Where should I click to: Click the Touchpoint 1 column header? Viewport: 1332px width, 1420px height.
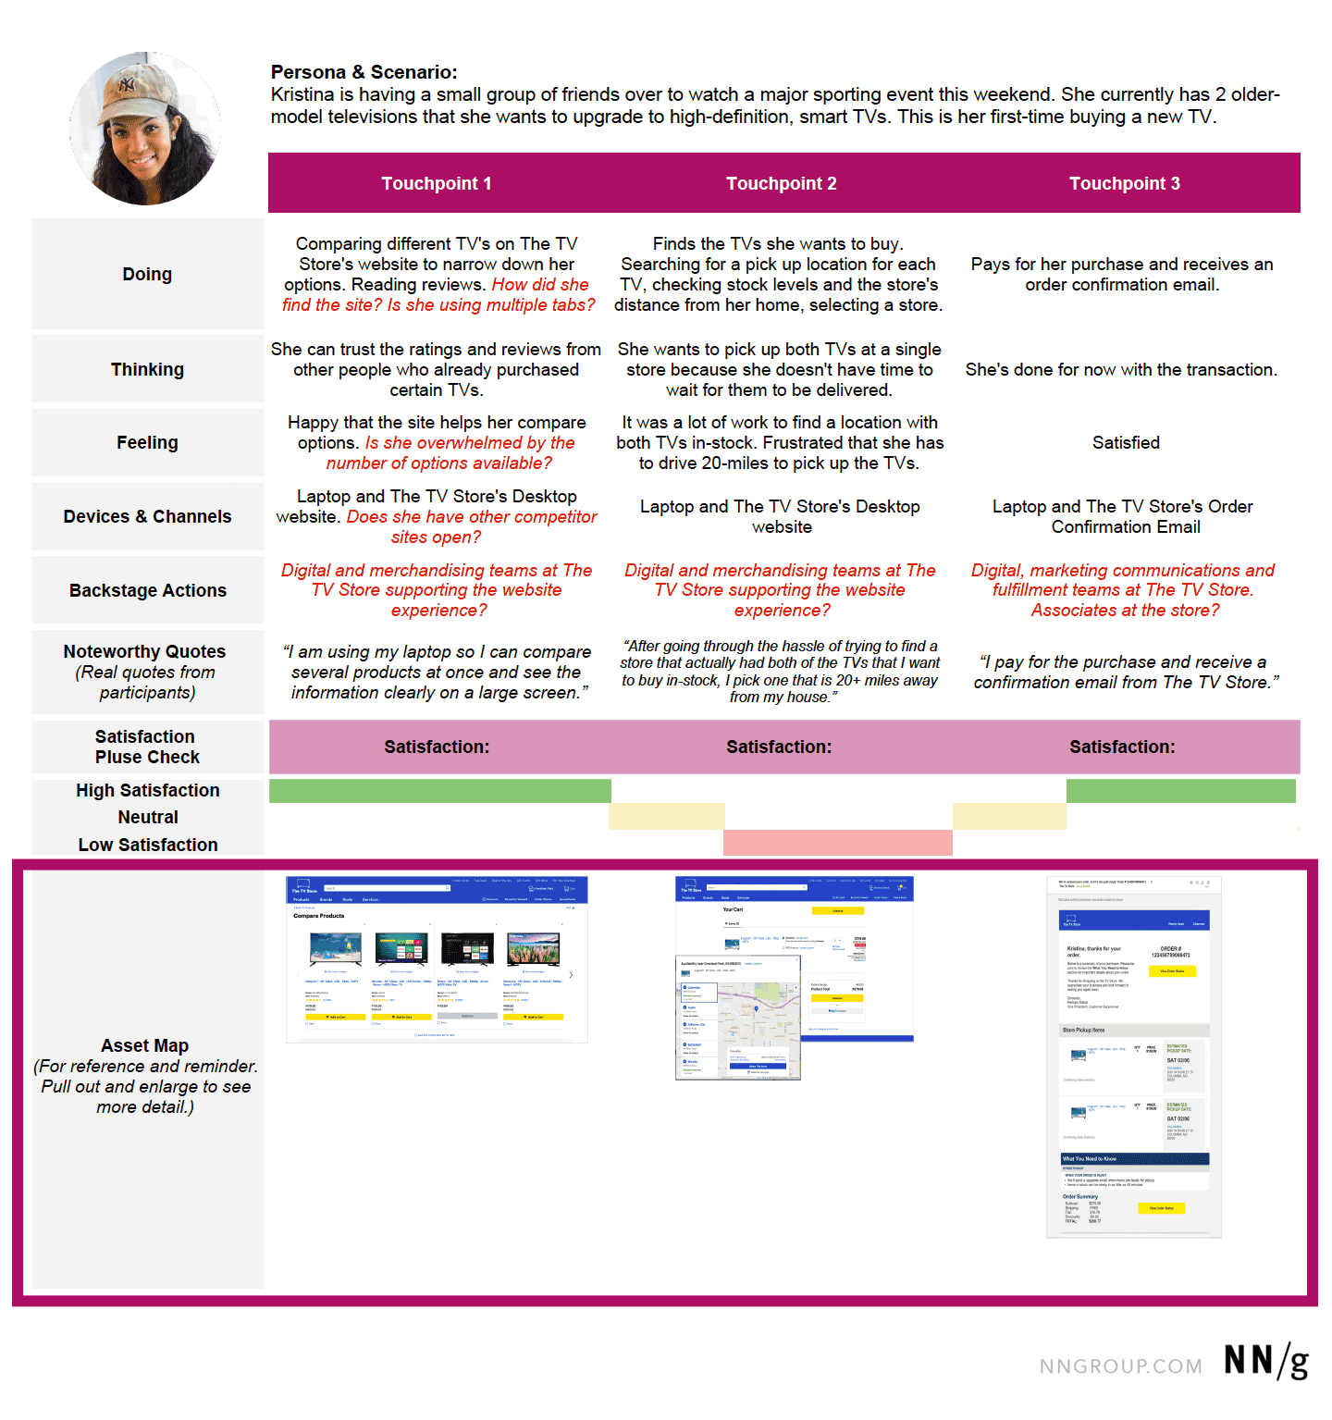pos(437,183)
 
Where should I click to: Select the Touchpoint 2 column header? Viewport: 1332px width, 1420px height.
pos(781,183)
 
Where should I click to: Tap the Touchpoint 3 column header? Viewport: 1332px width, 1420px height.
pos(1124,183)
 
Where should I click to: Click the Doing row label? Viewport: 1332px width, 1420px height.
pos(147,274)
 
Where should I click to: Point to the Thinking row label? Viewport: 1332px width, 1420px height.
pos(147,369)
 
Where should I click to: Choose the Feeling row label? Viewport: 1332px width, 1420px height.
pos(147,442)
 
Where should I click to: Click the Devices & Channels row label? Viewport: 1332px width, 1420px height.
pos(147,516)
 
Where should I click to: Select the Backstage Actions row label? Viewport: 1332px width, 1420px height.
pos(147,590)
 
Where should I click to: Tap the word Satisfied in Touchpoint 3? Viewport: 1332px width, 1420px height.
pos(1126,442)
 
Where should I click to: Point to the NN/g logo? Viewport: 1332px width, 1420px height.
pos(1266,1362)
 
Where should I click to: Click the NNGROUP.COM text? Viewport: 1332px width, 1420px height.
pos(1120,1366)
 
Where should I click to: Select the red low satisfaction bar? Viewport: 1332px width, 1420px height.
pos(837,843)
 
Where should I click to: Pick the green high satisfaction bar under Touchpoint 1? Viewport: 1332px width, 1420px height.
pos(439,791)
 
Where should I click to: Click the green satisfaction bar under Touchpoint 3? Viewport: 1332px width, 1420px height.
pos(1180,791)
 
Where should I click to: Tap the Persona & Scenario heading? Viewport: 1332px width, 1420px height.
pos(364,72)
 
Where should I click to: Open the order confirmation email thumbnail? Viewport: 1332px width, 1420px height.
pos(1134,1056)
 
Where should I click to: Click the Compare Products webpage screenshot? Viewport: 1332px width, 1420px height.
pos(437,959)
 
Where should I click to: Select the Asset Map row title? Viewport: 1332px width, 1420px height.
pos(144,1045)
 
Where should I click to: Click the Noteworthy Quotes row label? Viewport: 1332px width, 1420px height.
pos(144,651)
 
